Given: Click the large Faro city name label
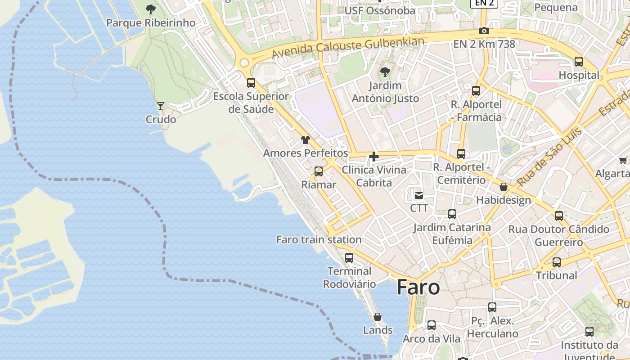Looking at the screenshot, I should point(418,288).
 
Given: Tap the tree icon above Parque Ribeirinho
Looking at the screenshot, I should point(151,9).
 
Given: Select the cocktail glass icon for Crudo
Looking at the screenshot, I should point(160,106).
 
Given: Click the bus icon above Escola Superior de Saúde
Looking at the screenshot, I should point(251,83).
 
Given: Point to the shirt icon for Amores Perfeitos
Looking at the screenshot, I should point(306,140).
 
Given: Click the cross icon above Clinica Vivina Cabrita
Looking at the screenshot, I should point(373,157).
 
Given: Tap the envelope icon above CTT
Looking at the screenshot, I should point(419,195).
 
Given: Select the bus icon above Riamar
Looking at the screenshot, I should point(319,171).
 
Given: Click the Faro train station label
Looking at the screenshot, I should point(319,239).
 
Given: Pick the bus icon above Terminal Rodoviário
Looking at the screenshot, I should point(349,258).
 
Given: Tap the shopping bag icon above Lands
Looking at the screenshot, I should point(378,317).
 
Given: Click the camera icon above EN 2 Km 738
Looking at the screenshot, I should point(484,31).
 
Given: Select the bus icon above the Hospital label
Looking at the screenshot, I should point(579,62).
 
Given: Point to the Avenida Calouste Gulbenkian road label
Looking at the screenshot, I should point(348,47).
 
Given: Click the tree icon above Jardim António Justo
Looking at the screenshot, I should point(385,72).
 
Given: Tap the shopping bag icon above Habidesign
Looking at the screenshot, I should point(504,187).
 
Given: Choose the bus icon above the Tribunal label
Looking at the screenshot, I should point(557,262).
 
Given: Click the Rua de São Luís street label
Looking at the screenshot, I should point(549,157).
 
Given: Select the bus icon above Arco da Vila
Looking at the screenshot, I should point(432,325).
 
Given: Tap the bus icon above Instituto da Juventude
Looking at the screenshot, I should point(589,332).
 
